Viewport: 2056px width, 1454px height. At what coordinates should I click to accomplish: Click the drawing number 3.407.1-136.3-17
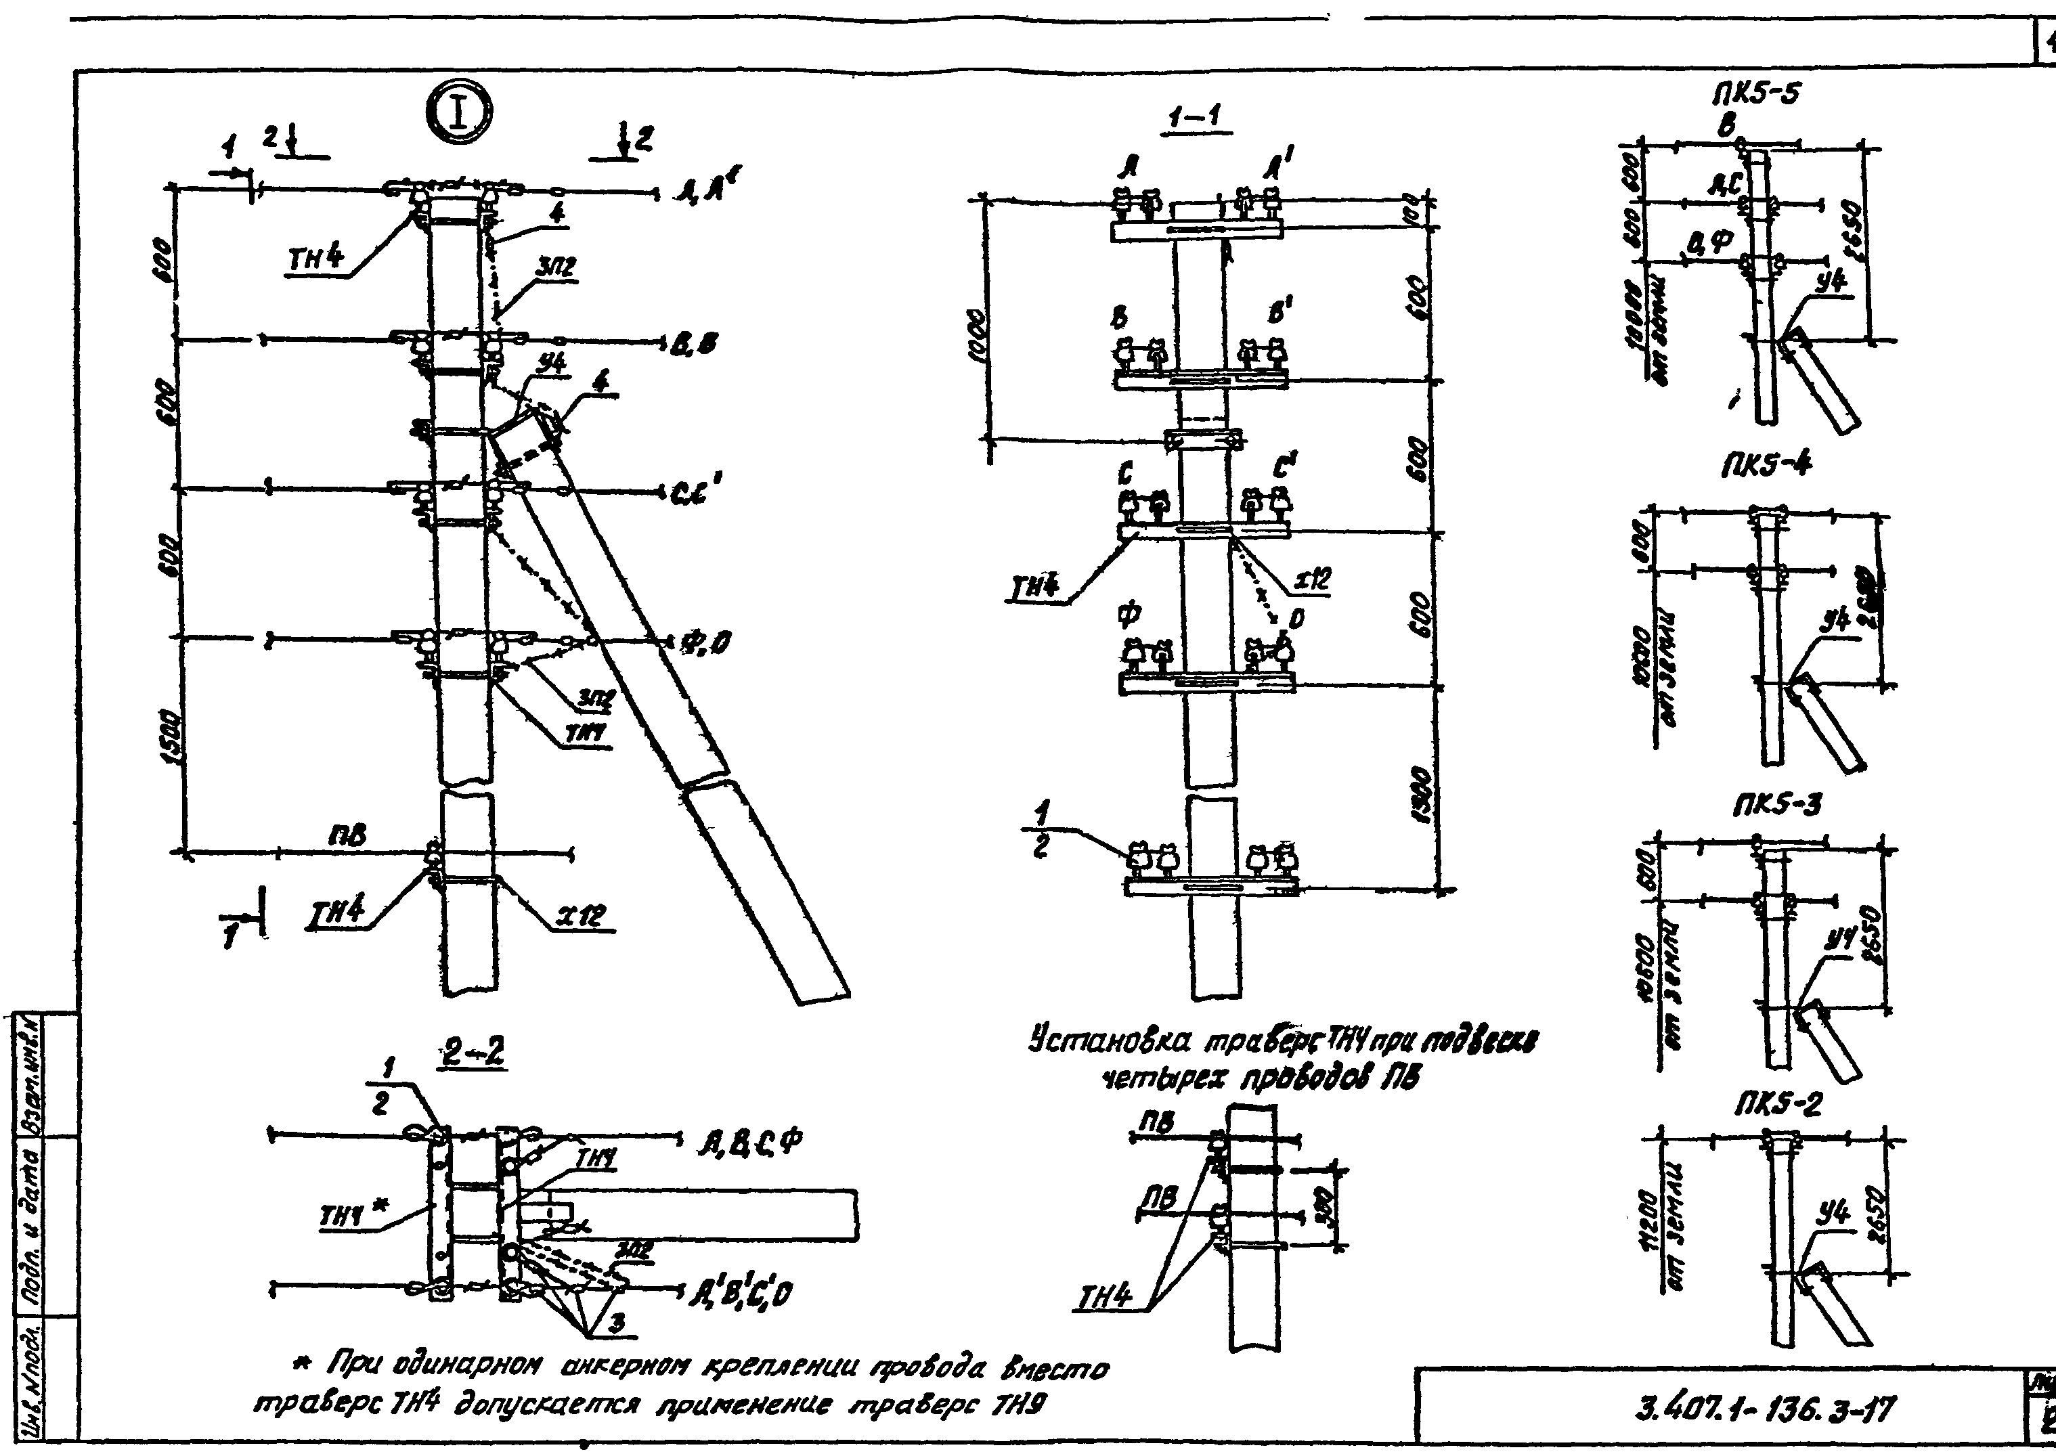[1764, 1412]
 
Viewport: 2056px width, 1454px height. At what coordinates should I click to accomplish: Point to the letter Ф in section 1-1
[1129, 613]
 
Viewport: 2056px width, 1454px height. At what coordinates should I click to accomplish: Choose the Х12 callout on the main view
[581, 916]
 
